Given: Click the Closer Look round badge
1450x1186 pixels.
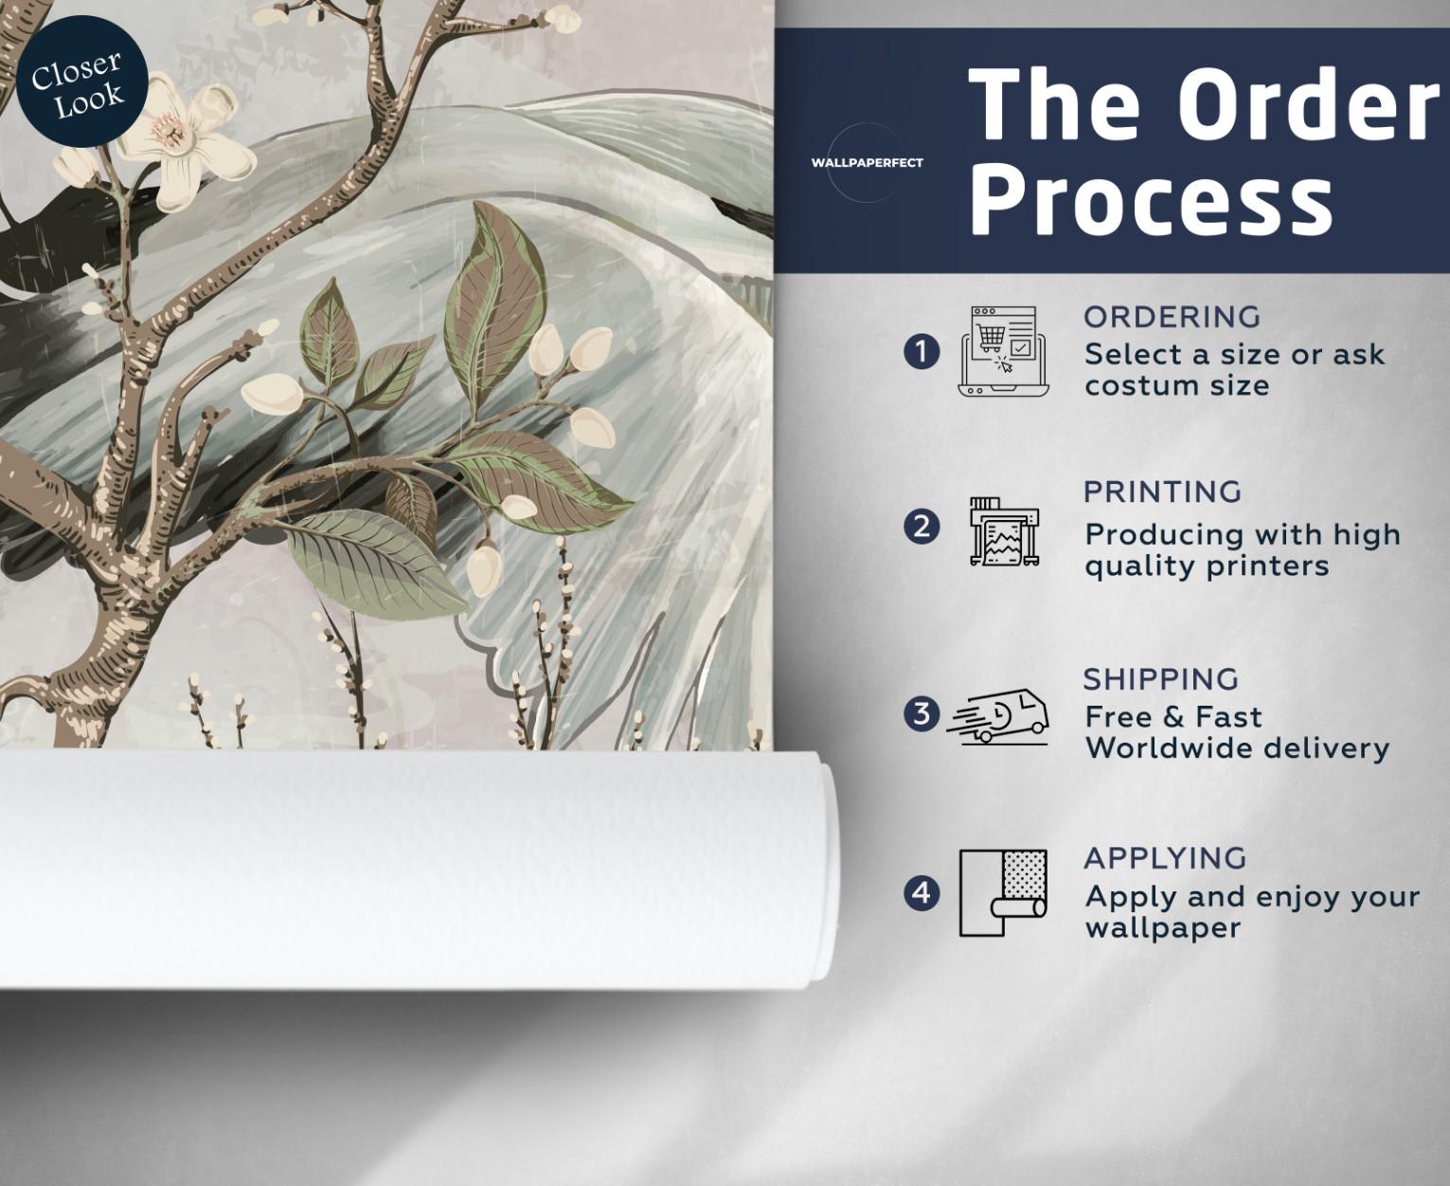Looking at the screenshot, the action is [x=81, y=81].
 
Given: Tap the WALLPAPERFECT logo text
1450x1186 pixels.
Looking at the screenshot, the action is [x=867, y=163].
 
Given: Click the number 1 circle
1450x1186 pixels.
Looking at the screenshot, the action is [x=922, y=351].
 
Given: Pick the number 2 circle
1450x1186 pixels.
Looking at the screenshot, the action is [x=922, y=527].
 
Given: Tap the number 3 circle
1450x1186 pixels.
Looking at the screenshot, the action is [x=922, y=713].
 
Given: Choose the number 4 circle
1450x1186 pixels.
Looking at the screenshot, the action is [x=922, y=893].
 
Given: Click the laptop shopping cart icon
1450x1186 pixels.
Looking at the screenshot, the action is [x=1004, y=351].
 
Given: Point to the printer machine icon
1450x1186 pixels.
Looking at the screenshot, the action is [x=1005, y=530].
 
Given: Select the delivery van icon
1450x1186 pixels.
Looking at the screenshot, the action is [x=998, y=717].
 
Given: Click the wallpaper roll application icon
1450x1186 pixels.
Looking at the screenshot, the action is [x=1003, y=893].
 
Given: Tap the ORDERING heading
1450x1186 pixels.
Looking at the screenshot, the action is [x=1173, y=317].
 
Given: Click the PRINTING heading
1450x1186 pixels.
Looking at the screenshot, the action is [x=1163, y=492].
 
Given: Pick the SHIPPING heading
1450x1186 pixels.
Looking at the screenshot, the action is [x=1161, y=679].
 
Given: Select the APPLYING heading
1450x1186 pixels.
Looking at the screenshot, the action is [x=1165, y=858].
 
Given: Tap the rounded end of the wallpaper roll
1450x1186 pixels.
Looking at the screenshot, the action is [x=824, y=870].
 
